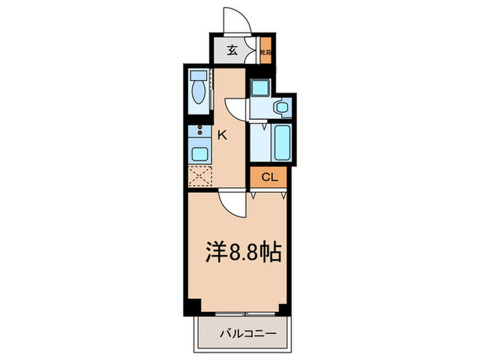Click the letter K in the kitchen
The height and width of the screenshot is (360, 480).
click(221, 135)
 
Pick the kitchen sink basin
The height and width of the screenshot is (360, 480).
click(199, 153)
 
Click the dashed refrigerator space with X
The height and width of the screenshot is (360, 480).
click(200, 176)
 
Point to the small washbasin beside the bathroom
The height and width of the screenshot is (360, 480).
click(280, 108)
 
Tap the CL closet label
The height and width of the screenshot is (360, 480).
click(269, 178)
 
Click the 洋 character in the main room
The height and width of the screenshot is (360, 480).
click(215, 253)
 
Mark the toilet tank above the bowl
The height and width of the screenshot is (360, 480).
click(198, 76)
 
